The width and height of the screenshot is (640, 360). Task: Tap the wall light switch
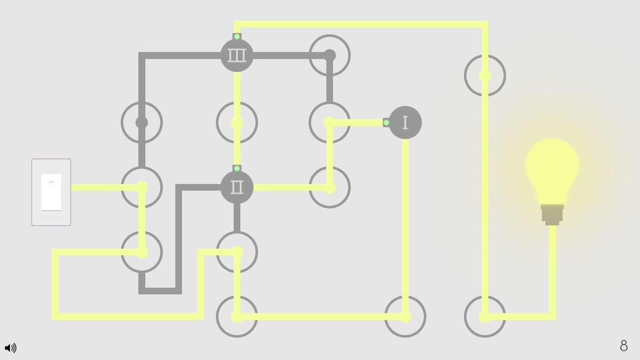coord(51,192)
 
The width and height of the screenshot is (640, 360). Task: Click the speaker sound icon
coord(10,348)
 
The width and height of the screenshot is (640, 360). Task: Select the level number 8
coord(623,346)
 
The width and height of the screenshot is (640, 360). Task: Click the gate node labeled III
coord(237,55)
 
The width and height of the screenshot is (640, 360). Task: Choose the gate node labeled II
coord(237,187)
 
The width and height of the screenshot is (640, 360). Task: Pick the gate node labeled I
coord(405,123)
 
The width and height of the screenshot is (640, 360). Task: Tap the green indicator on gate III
coord(237,37)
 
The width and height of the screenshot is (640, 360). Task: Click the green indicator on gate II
coord(237,169)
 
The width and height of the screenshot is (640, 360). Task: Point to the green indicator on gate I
coord(386,123)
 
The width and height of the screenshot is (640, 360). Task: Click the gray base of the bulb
coord(552,214)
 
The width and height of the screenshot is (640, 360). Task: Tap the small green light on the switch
coord(51,182)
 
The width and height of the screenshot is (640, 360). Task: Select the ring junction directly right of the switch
coord(142,187)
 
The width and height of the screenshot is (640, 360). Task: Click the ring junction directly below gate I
coord(405,316)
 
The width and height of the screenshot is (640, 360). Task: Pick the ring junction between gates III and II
coord(237,123)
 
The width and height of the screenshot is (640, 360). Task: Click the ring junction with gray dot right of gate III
coord(330,55)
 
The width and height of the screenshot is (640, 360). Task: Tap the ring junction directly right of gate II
coord(330,187)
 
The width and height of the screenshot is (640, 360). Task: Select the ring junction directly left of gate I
coord(330,123)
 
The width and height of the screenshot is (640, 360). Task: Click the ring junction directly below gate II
coord(237,252)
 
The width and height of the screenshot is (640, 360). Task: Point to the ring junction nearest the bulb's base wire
coord(485,316)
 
